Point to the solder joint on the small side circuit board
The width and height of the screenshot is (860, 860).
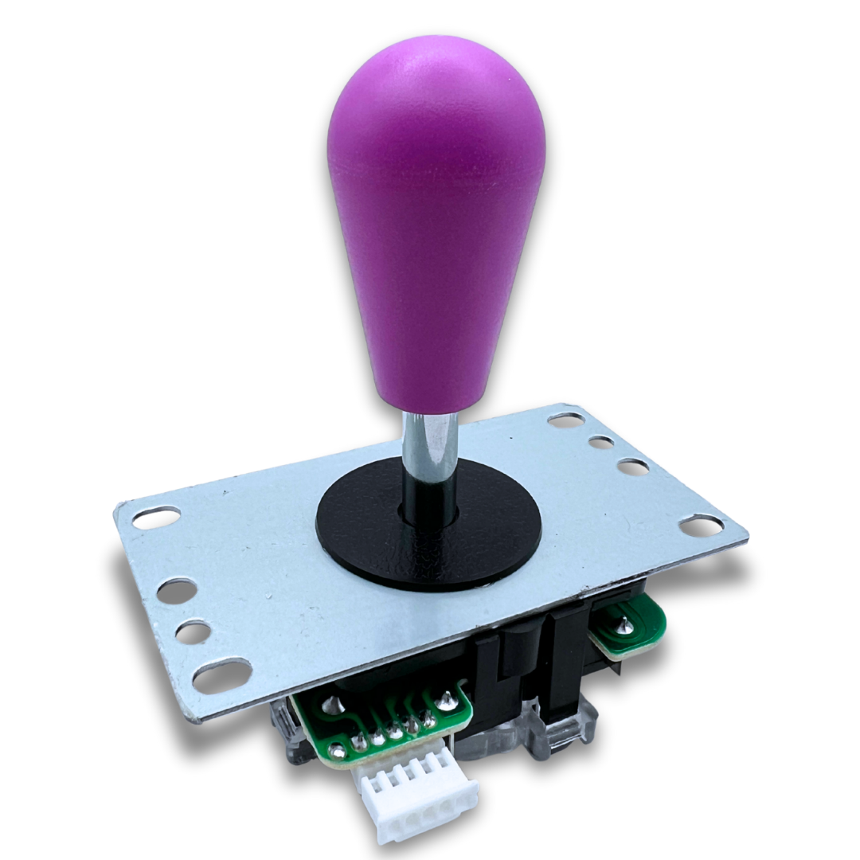[x=627, y=627]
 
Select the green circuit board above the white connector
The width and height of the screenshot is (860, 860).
[x=374, y=721]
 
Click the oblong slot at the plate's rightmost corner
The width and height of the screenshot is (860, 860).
[x=701, y=524]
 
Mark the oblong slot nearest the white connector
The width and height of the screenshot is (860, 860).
[x=222, y=675]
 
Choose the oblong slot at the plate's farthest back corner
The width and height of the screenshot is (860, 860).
[x=566, y=419]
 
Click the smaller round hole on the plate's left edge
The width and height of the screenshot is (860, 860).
[x=193, y=632]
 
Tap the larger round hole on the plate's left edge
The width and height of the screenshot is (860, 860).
[x=177, y=590]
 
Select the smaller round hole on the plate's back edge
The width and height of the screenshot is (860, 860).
[x=601, y=442]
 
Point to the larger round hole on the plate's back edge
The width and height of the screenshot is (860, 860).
[x=632, y=467]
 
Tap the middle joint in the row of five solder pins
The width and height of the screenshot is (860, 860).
[x=395, y=731]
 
